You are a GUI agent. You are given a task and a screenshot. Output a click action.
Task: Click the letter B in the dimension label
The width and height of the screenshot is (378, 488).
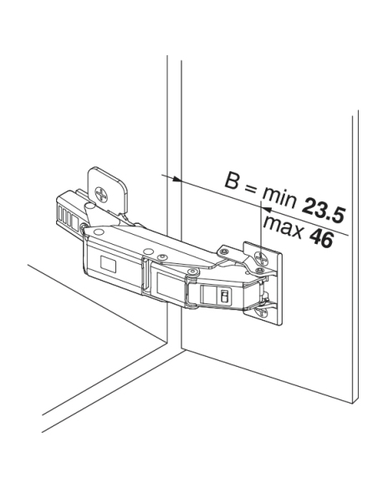[232, 180]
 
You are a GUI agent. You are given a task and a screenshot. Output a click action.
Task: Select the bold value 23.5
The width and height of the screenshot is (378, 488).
[323, 211]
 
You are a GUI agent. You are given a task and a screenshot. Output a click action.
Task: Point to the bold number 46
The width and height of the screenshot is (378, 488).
[321, 238]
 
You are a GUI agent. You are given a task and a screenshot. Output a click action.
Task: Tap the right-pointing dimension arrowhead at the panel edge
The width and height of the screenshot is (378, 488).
[177, 179]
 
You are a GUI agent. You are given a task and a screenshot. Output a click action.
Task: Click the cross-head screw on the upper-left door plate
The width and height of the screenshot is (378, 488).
[102, 194]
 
